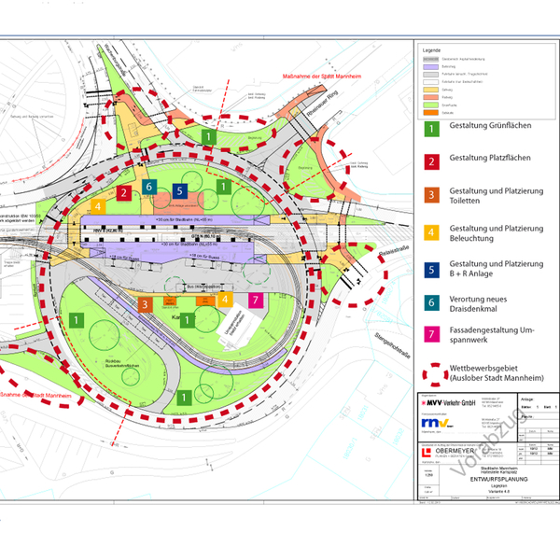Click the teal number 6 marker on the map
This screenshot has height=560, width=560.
[x=150, y=187]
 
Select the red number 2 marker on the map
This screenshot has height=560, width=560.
[x=123, y=193]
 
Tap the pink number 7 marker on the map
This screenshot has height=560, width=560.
[x=256, y=301]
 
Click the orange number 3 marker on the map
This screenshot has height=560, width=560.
[x=145, y=304]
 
